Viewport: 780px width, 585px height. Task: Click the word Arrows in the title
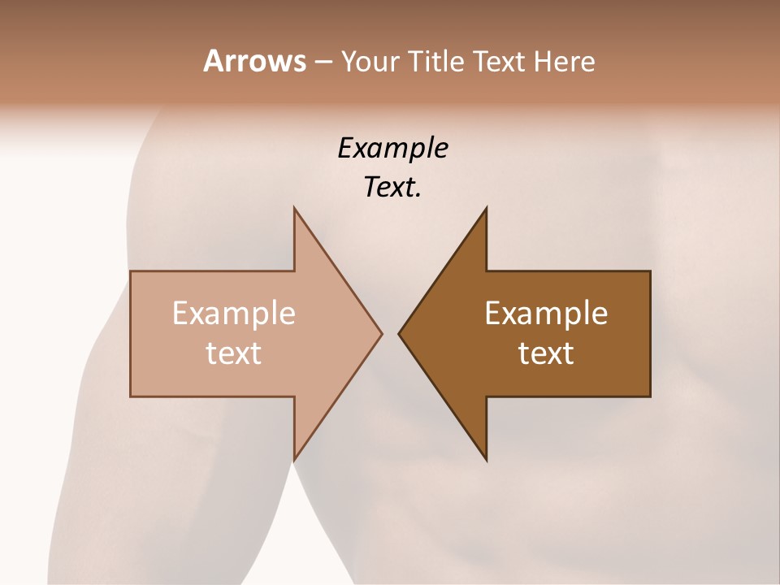[254, 62]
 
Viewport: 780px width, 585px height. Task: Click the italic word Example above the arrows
[392, 149]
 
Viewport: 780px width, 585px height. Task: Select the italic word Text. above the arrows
[392, 188]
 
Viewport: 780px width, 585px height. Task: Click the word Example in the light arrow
[234, 314]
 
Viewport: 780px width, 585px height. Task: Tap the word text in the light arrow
[234, 353]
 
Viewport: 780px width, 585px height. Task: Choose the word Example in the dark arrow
[546, 314]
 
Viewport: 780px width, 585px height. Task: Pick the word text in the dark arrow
[546, 353]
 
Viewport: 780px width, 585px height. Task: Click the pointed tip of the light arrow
[381, 333]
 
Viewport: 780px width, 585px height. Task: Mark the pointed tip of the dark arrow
[399, 333]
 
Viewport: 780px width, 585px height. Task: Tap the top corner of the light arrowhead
[294, 208]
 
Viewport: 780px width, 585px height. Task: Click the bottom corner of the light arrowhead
[294, 460]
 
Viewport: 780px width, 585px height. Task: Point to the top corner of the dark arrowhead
[486, 208]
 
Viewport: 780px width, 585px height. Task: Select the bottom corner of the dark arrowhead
[486, 460]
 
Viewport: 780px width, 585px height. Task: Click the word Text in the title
[497, 62]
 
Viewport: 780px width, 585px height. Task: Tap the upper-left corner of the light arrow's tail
[131, 271]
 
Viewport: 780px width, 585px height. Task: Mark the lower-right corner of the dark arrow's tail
[650, 396]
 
